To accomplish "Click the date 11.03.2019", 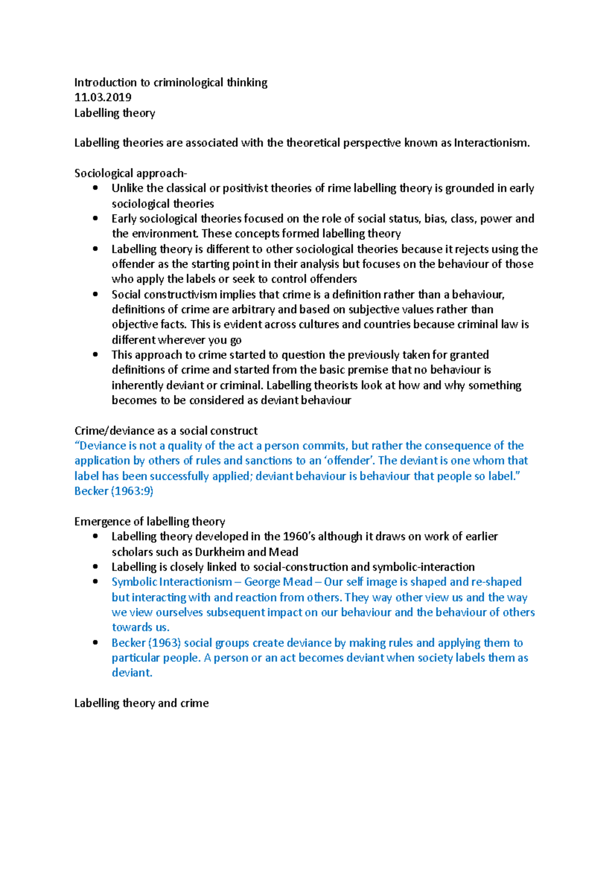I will tap(102, 97).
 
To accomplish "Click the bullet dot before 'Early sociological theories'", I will tap(95, 218).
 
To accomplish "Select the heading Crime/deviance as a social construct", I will tap(166, 430).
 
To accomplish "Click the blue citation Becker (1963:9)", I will tap(114, 491).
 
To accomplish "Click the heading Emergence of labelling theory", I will tap(149, 522).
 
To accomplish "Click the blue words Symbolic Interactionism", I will tap(172, 582).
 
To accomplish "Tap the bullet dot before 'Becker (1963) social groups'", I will tap(95, 643).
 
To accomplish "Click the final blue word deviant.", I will tap(132, 673).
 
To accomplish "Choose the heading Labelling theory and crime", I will tap(141, 703).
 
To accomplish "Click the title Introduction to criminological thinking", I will tap(171, 82).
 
